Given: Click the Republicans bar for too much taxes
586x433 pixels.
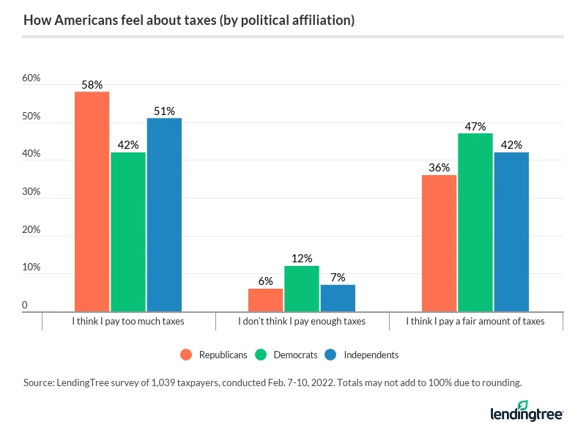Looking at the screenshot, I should pyautogui.click(x=92, y=201).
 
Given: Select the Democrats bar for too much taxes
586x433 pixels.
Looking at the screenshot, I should pyautogui.click(x=128, y=232).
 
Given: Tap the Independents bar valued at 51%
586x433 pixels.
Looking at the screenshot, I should pyautogui.click(x=164, y=215).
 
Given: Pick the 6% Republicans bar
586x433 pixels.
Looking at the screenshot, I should pyautogui.click(x=265, y=300).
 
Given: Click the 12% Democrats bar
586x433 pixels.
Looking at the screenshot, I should pyautogui.click(x=302, y=289).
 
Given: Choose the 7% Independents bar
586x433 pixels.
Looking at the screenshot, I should pyautogui.click(x=338, y=298).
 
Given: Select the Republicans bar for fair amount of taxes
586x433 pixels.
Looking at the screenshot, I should pyautogui.click(x=439, y=243).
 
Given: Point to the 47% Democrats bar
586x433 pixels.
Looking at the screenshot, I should pyautogui.click(x=475, y=223).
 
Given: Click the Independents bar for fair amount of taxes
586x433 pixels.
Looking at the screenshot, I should pyautogui.click(x=511, y=232).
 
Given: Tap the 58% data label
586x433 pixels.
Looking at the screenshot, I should pyautogui.click(x=92, y=85).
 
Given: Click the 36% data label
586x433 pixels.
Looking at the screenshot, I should pyautogui.click(x=439, y=168).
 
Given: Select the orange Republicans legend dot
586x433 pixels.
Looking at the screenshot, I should pyautogui.click(x=186, y=355).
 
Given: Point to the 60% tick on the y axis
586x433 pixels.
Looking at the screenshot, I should pyautogui.click(x=31, y=78).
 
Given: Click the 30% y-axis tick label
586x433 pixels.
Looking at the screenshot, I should pyautogui.click(x=31, y=192).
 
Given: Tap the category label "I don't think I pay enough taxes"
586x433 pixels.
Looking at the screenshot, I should pyautogui.click(x=302, y=321).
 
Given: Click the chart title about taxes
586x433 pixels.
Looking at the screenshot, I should pyautogui.click(x=189, y=21).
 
